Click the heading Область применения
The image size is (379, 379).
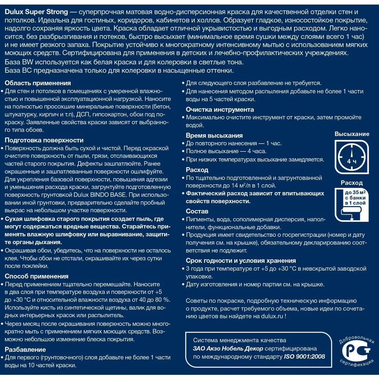tap(38, 83)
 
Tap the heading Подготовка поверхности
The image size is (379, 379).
tap(44, 139)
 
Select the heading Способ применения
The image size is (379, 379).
tap(36, 276)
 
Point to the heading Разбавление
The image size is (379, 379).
tap(25, 349)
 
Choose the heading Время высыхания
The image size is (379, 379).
tap(214, 135)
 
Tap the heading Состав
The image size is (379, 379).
tap(197, 211)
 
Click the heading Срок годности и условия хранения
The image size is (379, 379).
tap(241, 260)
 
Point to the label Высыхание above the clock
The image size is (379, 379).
tap(352, 134)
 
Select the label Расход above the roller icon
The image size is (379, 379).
tap(352, 183)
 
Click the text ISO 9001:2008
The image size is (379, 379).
tap(304, 357)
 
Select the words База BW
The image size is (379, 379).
tap(19, 62)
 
